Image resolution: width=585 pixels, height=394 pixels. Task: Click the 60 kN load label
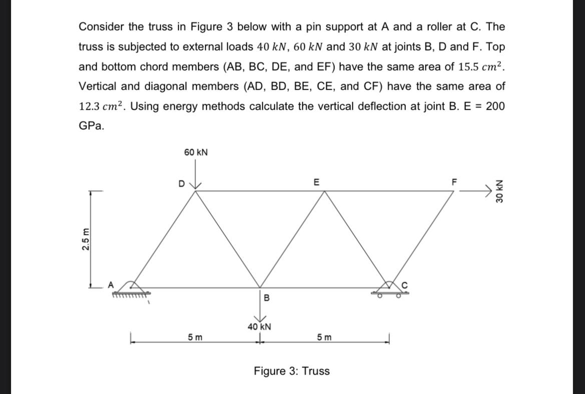tap(196, 152)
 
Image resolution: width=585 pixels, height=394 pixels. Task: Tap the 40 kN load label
tap(259, 327)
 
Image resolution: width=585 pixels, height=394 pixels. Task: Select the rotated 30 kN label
tap(499, 191)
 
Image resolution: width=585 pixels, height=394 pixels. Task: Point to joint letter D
tap(182, 183)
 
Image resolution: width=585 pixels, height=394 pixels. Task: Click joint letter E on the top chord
tap(316, 182)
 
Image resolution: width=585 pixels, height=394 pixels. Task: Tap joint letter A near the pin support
tap(111, 284)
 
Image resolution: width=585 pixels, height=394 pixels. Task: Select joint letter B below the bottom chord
tap(266, 298)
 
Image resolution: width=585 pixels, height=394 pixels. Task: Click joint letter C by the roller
tap(406, 285)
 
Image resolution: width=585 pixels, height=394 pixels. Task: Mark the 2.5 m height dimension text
tap(87, 239)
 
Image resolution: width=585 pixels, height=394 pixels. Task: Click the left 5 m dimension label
tap(195, 337)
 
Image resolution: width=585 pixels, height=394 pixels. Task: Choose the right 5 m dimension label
tap(324, 337)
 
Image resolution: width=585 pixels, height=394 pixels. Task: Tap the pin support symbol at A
tap(132, 289)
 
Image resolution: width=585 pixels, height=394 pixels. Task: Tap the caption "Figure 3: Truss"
tap(292, 371)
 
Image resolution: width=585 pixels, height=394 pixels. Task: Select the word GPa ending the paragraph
tap(92, 126)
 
